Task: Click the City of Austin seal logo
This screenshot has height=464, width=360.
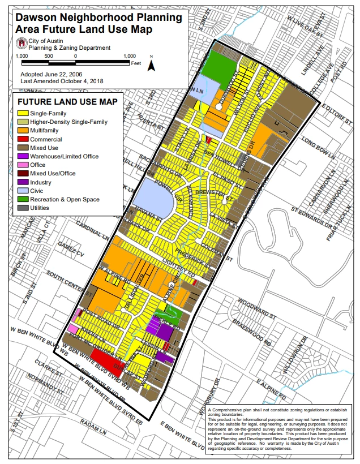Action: click(23, 44)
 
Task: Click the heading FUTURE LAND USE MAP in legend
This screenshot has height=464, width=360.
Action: click(67, 102)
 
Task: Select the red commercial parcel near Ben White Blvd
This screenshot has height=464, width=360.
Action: click(106, 359)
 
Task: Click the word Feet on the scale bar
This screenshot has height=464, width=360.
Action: click(136, 63)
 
